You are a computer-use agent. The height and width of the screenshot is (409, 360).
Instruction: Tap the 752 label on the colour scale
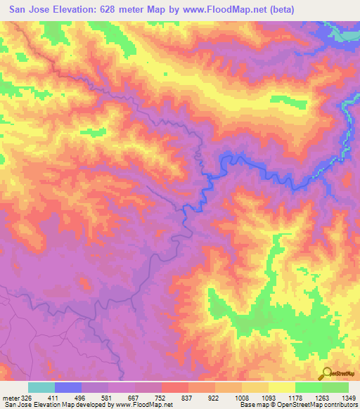162,398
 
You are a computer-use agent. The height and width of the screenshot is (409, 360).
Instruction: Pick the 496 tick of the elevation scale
80,398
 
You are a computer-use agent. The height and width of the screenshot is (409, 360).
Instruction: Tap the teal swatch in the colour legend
41,387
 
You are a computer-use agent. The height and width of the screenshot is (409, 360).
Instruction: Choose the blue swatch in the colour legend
68,387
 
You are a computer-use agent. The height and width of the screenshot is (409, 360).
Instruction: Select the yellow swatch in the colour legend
282,387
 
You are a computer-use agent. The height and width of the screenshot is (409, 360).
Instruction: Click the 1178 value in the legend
295,398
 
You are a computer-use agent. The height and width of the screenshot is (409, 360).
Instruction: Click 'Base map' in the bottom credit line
253,405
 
